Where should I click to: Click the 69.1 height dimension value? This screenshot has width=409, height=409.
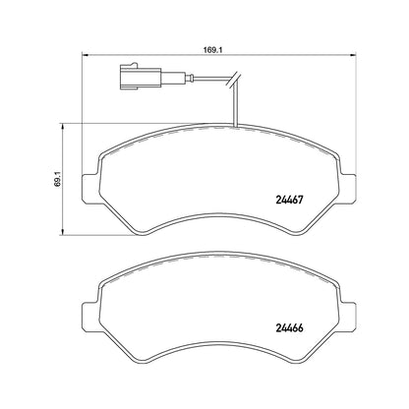(x=58, y=179)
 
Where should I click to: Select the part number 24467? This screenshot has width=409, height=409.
(x=289, y=200)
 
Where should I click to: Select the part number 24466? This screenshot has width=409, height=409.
(x=289, y=327)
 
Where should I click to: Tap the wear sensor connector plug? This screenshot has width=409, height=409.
(x=141, y=77)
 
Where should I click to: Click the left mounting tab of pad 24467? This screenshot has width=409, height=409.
(x=89, y=188)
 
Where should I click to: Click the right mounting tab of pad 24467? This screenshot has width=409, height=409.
(x=348, y=188)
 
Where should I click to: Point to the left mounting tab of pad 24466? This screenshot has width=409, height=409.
(x=89, y=317)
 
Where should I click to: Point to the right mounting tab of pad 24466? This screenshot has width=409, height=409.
(x=348, y=317)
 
